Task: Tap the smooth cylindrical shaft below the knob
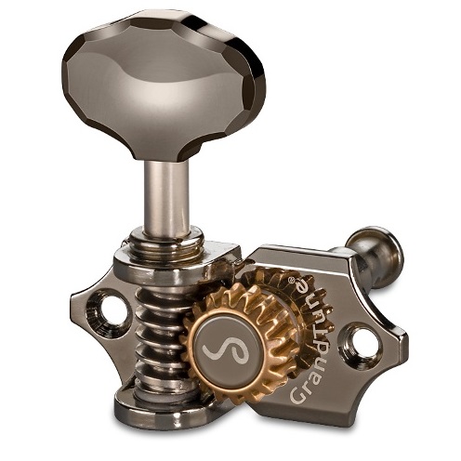coord(166,198)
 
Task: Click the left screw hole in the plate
coord(107,312)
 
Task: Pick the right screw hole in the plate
coord(360,343)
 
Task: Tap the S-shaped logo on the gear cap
coord(226,349)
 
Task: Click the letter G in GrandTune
coord(298,395)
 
